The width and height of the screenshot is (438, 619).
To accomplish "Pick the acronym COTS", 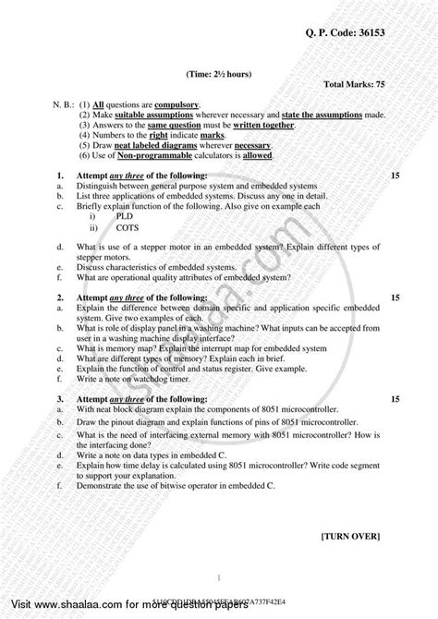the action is [128, 226].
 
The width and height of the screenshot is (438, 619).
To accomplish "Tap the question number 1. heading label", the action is [59, 175].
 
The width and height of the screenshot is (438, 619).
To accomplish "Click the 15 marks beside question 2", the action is [396, 298].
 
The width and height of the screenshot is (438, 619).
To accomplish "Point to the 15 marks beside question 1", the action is [396, 175].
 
